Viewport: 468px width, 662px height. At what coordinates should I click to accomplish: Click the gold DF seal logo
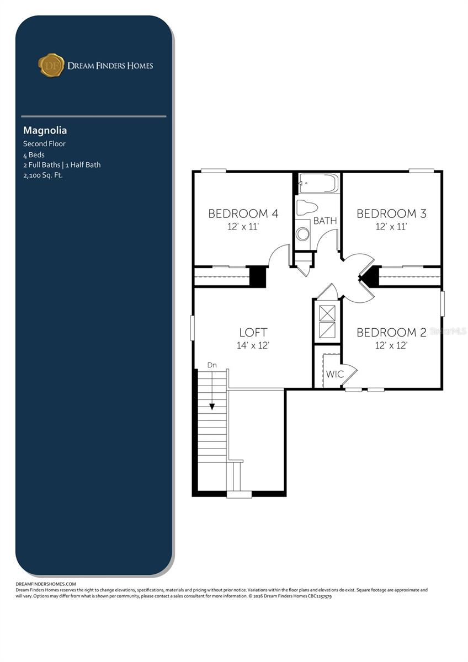pyautogui.click(x=51, y=65)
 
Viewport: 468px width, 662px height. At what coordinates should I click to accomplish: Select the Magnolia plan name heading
pyautogui.click(x=45, y=131)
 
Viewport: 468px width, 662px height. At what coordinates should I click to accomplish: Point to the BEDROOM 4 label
pyautogui.click(x=243, y=213)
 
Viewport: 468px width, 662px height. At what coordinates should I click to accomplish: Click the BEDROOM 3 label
pyautogui.click(x=391, y=213)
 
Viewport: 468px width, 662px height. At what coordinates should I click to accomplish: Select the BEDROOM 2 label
pyautogui.click(x=391, y=332)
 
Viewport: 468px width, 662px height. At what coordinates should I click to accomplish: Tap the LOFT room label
pyautogui.click(x=253, y=332)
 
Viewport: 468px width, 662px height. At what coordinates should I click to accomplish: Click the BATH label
pyautogui.click(x=325, y=221)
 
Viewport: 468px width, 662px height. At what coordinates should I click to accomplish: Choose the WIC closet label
pyautogui.click(x=334, y=374)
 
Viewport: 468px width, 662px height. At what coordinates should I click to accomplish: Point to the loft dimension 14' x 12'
pyautogui.click(x=253, y=346)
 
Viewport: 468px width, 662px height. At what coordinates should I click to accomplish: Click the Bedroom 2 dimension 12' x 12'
pyautogui.click(x=391, y=346)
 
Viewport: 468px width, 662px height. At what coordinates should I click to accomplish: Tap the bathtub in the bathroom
pyautogui.click(x=318, y=184)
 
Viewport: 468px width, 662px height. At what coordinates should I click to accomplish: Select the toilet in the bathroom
pyautogui.click(x=307, y=207)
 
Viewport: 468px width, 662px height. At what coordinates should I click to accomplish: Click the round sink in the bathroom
pyautogui.click(x=302, y=234)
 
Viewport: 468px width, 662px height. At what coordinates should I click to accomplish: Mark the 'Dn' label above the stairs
pyautogui.click(x=212, y=365)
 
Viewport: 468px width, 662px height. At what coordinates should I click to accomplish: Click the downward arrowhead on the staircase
pyautogui.click(x=211, y=407)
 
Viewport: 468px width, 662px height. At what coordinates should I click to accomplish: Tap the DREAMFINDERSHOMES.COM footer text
pyautogui.click(x=46, y=584)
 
